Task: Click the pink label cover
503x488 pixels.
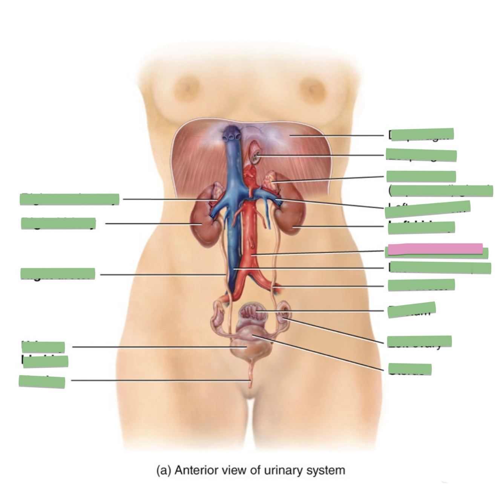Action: [435, 249]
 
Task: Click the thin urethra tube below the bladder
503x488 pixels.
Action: [250, 378]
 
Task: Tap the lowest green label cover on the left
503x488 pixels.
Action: [42, 381]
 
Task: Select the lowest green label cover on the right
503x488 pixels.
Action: [410, 369]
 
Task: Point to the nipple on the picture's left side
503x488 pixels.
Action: [186, 87]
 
